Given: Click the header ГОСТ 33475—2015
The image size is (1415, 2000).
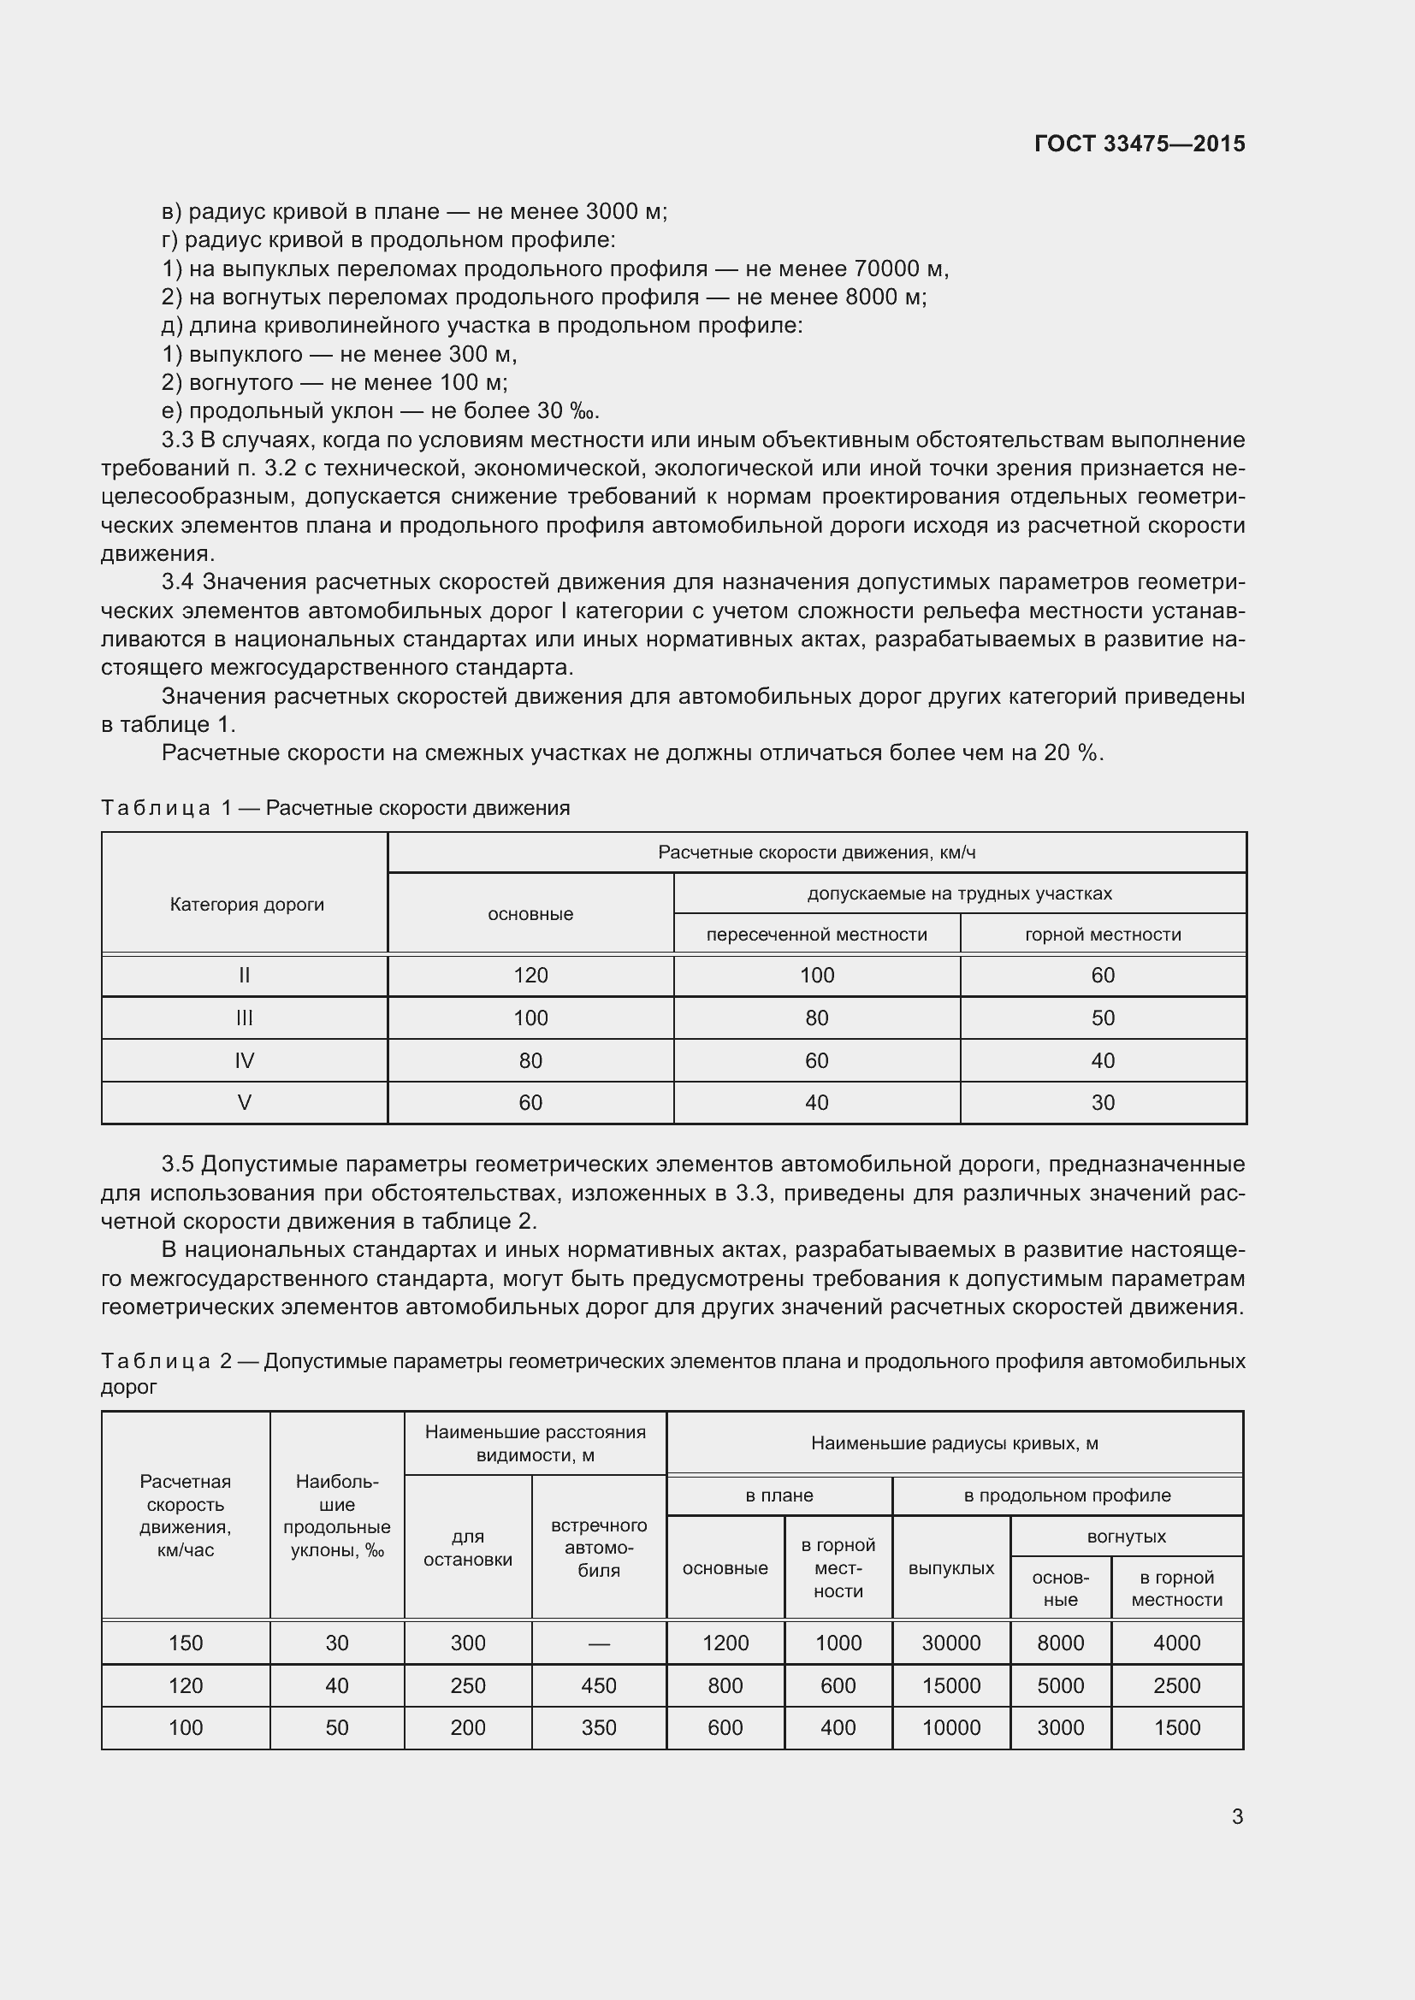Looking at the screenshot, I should point(1139,144).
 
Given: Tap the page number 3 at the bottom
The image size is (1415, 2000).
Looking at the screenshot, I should point(1236,1816).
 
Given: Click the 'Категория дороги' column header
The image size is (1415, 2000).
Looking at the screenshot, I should point(246,904).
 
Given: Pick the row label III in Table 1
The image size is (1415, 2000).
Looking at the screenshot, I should point(244,1018).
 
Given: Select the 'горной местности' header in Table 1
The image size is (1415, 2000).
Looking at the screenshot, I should point(1102,934).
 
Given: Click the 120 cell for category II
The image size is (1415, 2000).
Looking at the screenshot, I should point(530,975).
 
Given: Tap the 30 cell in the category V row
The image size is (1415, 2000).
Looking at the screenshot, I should point(1102,1102).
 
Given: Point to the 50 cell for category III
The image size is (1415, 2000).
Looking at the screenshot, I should point(1102,1018).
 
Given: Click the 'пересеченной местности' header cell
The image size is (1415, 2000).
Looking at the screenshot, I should point(816,934).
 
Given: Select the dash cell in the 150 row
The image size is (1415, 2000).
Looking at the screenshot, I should point(599,1643).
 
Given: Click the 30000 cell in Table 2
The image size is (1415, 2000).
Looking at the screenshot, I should point(950,1643).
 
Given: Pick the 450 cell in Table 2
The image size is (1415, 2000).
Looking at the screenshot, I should point(599,1685).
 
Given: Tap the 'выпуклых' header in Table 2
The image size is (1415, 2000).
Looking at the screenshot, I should point(950,1568).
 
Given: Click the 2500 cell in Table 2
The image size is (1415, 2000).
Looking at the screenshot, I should point(1176,1685).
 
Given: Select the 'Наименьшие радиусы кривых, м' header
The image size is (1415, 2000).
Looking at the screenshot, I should point(954,1443).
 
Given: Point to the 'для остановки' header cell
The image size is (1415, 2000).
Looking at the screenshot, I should point(468,1548).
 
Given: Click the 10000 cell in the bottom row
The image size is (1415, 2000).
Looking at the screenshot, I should point(950,1727).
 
